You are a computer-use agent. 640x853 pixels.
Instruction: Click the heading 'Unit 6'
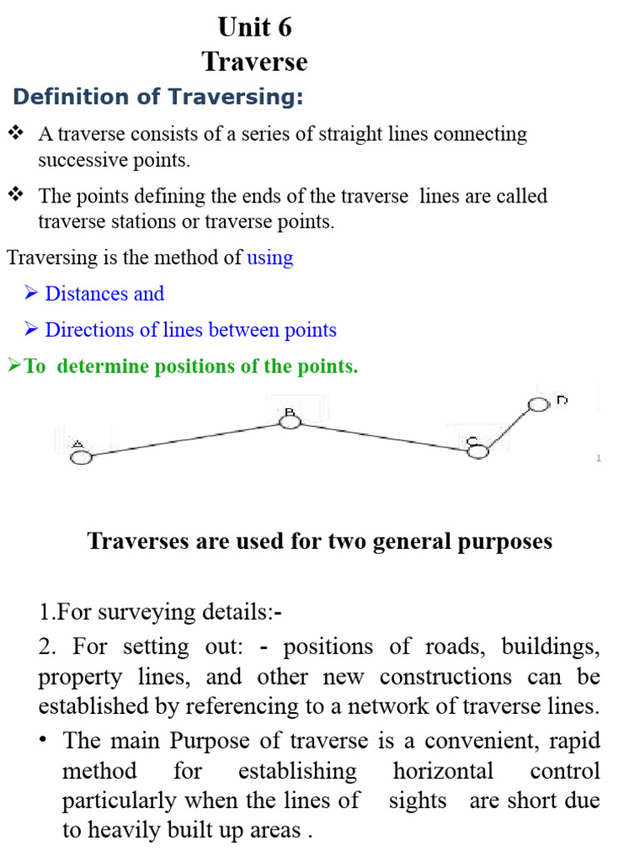(x=255, y=27)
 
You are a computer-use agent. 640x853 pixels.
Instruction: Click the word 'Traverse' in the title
(x=255, y=62)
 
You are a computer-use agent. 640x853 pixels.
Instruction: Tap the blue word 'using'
(x=270, y=257)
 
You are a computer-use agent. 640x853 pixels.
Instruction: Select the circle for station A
(x=81, y=456)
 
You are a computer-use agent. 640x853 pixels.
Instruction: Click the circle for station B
(x=290, y=422)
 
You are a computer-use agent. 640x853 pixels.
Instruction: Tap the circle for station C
(x=477, y=451)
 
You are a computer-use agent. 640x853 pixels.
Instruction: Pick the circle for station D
(x=539, y=405)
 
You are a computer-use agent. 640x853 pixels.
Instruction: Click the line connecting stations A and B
(x=185, y=439)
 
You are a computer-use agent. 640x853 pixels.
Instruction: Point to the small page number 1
(x=598, y=459)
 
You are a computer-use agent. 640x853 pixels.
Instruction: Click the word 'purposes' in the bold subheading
(x=506, y=541)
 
